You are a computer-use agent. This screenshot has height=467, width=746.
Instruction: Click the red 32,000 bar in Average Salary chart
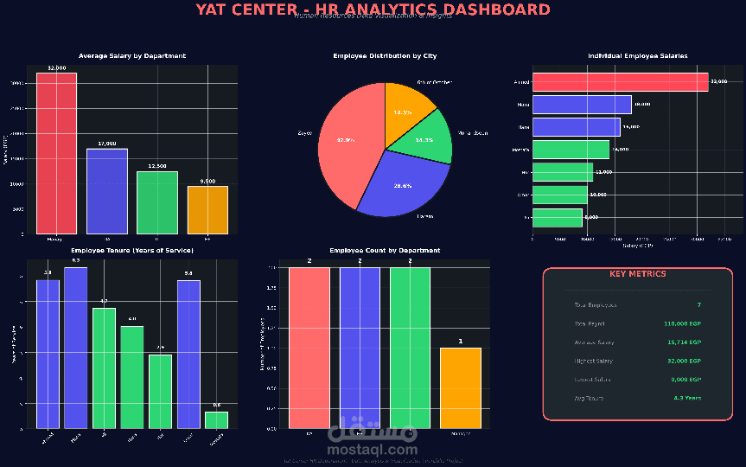coord(56,153)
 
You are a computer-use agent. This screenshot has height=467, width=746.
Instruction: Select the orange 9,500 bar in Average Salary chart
coord(207,210)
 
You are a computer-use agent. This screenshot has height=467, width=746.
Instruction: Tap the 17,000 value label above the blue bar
coord(107,144)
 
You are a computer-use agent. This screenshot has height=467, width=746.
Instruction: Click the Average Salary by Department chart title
coord(132,56)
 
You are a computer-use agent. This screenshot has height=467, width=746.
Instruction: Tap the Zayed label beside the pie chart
coord(305,133)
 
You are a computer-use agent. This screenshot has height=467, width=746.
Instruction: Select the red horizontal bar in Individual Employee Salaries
coord(620,82)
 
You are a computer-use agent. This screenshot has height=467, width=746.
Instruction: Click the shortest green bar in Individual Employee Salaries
coord(558,218)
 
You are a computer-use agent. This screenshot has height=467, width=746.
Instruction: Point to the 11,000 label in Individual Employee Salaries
coord(603,172)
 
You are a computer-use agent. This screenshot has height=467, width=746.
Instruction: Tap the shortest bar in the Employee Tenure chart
coord(216,419)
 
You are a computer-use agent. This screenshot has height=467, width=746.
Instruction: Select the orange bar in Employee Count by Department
coord(460,388)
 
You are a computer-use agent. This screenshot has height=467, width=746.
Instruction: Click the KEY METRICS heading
coord(638,274)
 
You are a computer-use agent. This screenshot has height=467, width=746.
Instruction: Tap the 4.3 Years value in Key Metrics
coord(688,398)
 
